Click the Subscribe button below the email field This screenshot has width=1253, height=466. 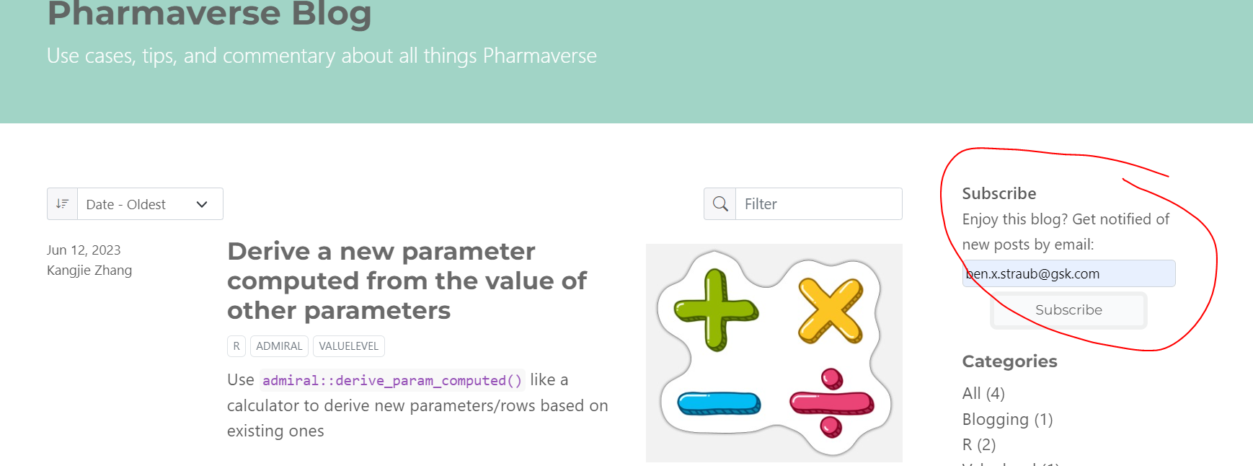click(1068, 310)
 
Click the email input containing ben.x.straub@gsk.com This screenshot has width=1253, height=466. click(1068, 274)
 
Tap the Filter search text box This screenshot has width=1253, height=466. click(818, 204)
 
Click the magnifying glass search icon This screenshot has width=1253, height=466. click(720, 204)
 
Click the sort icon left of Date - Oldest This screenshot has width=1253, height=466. click(63, 204)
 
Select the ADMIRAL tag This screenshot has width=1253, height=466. click(279, 346)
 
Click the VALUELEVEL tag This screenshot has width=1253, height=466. click(348, 346)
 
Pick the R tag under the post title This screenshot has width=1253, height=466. click(236, 346)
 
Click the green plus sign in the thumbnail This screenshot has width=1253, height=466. click(715, 310)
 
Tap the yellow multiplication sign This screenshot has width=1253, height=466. click(831, 310)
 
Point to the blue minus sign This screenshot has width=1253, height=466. click(719, 403)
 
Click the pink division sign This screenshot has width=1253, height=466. click(831, 403)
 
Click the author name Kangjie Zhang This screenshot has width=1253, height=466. click(89, 271)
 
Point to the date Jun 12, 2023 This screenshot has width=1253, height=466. click(84, 250)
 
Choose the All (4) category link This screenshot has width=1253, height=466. click(983, 394)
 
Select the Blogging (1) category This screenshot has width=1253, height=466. click(1007, 420)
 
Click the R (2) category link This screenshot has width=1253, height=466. click(979, 445)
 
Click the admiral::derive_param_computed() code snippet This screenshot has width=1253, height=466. click(392, 380)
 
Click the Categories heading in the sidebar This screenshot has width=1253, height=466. click(1009, 361)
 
